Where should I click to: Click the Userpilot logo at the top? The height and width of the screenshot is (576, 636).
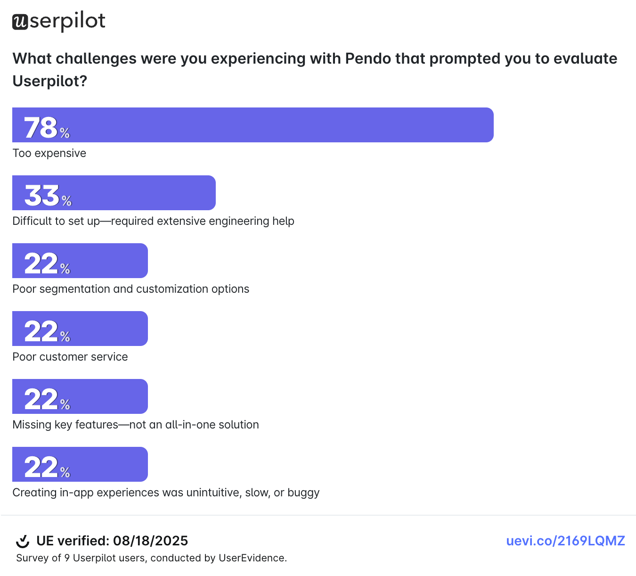click(x=58, y=22)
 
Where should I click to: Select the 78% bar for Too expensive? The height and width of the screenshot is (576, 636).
click(x=253, y=125)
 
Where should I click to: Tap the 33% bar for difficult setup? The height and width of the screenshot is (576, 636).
click(x=114, y=193)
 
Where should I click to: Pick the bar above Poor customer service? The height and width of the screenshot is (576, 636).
click(x=80, y=329)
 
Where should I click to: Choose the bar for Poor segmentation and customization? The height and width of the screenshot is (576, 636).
click(x=80, y=261)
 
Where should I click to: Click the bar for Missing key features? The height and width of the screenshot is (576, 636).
click(x=80, y=396)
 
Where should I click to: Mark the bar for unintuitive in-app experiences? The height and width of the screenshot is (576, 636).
click(x=80, y=464)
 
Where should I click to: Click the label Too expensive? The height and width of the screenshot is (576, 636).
click(x=49, y=153)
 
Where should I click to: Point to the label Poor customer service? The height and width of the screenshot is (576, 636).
click(x=70, y=357)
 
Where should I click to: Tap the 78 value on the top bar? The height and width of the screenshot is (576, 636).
click(x=41, y=127)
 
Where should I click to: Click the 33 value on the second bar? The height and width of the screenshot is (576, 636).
click(x=42, y=195)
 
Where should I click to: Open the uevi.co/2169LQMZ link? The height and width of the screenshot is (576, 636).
click(x=565, y=541)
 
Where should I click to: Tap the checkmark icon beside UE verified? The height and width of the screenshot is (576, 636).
click(x=23, y=541)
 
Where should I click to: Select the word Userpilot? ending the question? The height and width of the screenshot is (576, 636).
click(x=50, y=81)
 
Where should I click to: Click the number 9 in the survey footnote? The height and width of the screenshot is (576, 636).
click(x=67, y=558)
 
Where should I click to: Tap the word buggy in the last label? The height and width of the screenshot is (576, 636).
click(x=303, y=493)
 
